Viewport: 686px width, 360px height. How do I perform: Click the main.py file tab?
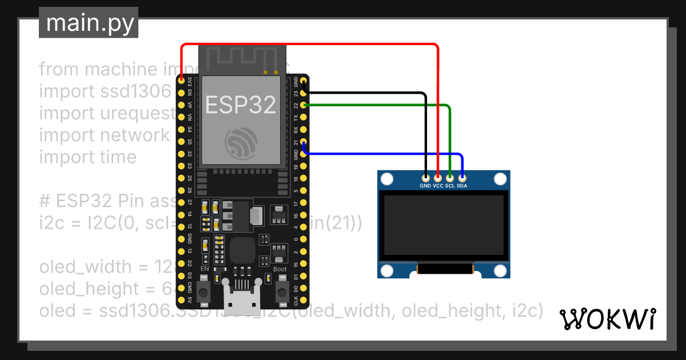click(89, 23)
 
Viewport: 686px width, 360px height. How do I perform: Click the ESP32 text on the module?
click(241, 105)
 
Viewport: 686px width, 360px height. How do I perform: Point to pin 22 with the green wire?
click(304, 105)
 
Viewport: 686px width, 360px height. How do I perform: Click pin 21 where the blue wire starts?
click(304, 143)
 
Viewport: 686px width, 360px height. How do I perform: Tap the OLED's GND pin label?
click(425, 186)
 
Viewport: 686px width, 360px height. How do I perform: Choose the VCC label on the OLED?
click(438, 186)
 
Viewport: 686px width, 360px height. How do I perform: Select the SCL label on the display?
click(450, 186)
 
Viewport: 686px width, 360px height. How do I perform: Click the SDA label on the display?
click(462, 186)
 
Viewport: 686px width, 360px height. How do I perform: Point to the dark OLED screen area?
click(444, 225)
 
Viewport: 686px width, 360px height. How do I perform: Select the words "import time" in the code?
click(87, 157)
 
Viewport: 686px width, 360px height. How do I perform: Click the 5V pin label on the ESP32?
click(190, 299)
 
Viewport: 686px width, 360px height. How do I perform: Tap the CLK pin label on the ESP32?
click(296, 299)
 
